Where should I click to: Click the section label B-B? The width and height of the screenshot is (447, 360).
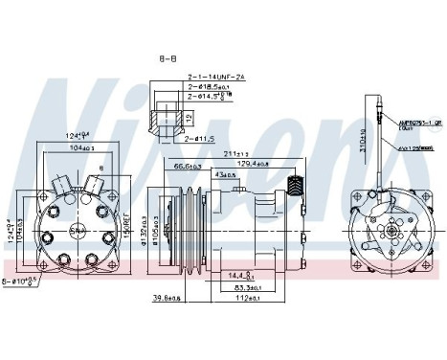point(168,58)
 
